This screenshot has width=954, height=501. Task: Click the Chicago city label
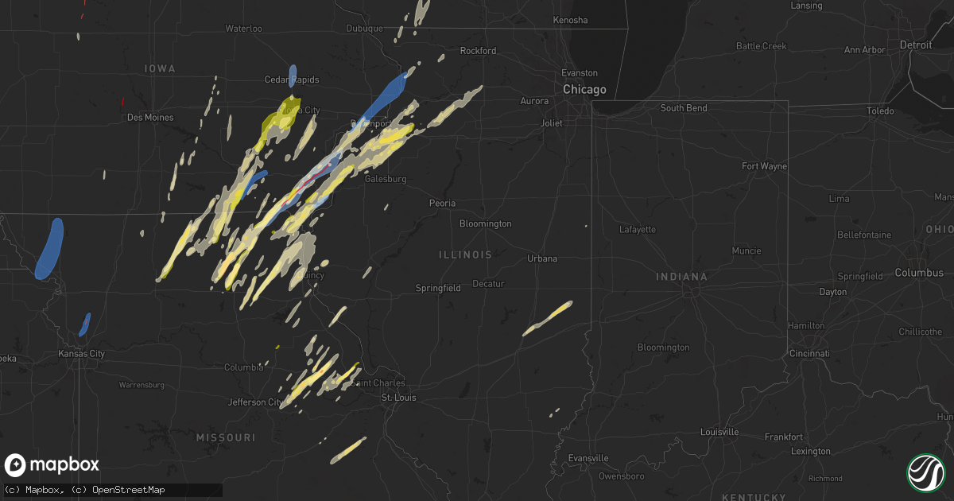click(x=584, y=90)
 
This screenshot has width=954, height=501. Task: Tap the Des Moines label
click(x=151, y=117)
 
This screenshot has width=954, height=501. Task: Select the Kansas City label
click(x=81, y=353)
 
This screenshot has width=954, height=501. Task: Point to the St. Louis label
click(x=399, y=398)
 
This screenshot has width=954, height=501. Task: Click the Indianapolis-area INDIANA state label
click(x=681, y=277)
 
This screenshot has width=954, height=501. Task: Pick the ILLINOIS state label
click(x=465, y=254)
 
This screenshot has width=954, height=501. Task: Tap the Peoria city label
click(x=442, y=203)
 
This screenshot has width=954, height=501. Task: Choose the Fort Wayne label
click(x=764, y=166)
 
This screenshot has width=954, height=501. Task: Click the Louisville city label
click(x=719, y=432)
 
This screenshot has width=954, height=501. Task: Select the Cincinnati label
click(x=809, y=352)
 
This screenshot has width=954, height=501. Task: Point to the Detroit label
click(x=915, y=45)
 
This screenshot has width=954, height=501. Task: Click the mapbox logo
click(x=52, y=465)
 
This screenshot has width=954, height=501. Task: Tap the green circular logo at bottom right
click(x=926, y=472)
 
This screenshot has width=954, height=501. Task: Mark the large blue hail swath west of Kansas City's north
click(x=49, y=249)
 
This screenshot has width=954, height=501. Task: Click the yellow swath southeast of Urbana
click(x=548, y=318)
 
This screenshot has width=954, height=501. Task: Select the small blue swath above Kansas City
click(x=84, y=324)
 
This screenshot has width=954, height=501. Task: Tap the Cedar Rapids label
click(x=292, y=80)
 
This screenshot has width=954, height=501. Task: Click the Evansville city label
click(x=589, y=458)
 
